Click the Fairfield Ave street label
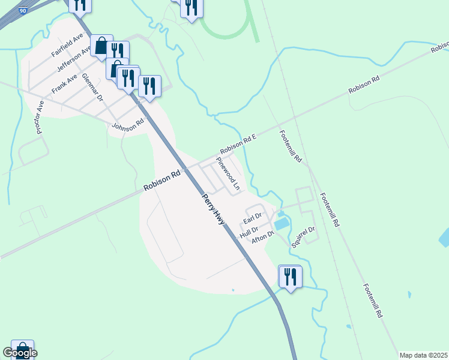click(x=67, y=46)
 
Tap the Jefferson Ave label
click(x=74, y=59)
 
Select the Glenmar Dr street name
click(x=93, y=88)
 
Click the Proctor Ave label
click(x=40, y=117)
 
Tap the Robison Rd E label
click(x=238, y=144)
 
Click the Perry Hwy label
click(x=213, y=209)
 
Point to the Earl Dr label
click(x=252, y=217)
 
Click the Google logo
click(x=19, y=353)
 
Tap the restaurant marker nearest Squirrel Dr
click(x=291, y=277)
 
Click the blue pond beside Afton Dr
click(x=280, y=224)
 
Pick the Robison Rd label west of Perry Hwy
click(x=162, y=181)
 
